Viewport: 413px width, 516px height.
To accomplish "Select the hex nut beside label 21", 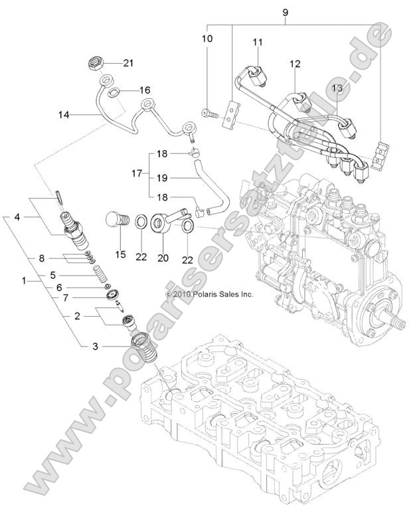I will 95,64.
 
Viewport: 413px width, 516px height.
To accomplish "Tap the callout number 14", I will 63,114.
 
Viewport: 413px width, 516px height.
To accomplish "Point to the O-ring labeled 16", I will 114,92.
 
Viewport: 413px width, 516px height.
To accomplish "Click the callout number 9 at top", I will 286,11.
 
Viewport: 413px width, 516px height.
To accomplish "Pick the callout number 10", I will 207,39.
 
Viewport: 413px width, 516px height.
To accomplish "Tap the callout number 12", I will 295,64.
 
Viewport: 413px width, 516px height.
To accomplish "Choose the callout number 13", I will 337,88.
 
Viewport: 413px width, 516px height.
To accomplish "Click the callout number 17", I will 136,173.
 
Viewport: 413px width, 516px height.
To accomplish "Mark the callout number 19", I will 162,178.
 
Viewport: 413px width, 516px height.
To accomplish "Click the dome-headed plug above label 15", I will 118,219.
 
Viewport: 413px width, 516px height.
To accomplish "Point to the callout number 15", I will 120,254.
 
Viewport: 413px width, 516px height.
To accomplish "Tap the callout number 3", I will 94,346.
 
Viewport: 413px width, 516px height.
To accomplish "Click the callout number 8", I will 41,258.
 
